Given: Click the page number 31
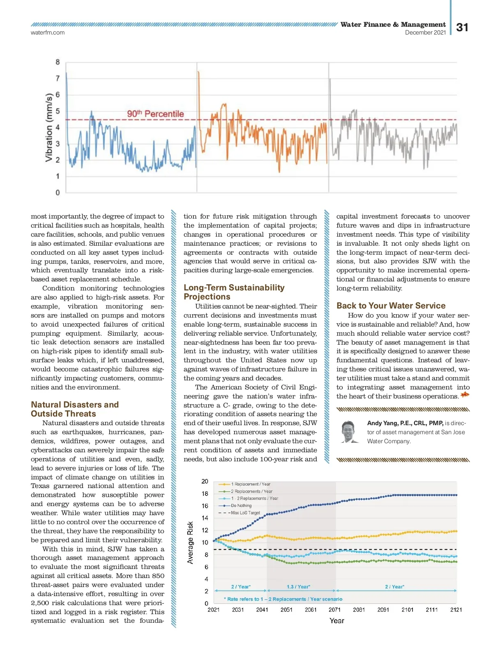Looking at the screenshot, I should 462,28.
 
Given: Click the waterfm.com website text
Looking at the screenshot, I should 48,32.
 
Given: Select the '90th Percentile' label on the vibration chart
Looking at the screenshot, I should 155,114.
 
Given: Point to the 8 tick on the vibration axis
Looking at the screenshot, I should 58,62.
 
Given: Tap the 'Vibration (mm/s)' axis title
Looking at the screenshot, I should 49,127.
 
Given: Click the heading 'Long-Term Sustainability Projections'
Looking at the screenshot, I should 234,292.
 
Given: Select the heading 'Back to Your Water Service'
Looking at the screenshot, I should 391,306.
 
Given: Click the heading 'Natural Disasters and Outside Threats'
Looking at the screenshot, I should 75,409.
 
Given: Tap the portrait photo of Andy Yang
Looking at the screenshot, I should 349,432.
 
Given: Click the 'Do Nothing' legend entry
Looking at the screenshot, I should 241,506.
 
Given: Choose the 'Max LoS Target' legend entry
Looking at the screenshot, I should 245,513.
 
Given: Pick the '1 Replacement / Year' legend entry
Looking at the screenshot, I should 250,484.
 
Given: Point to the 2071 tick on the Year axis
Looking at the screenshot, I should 334,610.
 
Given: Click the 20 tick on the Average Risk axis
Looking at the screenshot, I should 205,481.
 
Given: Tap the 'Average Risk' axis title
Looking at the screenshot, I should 190,542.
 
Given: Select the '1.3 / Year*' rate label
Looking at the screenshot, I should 298,587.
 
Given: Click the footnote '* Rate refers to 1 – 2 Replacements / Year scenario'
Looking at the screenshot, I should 283,599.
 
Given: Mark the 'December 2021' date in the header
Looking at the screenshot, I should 425,32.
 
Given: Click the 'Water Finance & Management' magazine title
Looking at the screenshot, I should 393,25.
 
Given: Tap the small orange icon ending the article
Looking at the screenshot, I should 465,395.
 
